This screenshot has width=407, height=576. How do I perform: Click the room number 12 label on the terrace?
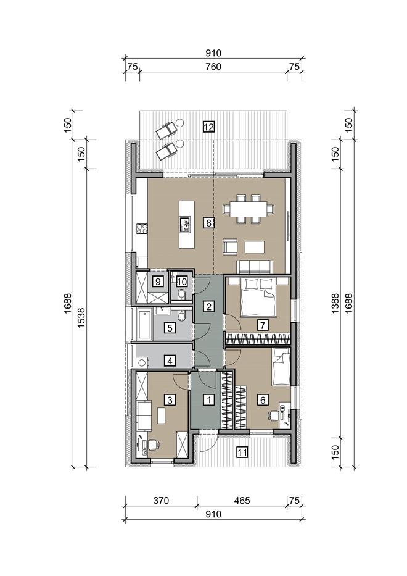208,127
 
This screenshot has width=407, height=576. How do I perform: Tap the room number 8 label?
208,223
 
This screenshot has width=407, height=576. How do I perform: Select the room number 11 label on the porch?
242,452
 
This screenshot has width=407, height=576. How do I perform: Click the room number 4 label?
170,361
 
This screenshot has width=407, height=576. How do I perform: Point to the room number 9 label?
158,282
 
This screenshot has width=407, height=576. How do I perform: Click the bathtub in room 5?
144,324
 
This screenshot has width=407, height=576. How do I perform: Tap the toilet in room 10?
181,295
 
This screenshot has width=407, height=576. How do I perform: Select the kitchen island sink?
185,225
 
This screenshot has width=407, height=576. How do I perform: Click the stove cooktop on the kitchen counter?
142,229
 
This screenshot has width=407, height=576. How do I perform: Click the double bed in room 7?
258,297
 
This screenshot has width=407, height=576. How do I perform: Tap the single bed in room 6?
282,366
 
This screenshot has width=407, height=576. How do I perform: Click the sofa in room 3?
144,415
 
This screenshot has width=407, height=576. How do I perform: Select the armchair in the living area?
230,246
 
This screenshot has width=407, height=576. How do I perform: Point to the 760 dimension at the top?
213,67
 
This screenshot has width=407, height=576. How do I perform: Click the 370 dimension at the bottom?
161,500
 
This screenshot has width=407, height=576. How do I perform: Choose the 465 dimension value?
242,500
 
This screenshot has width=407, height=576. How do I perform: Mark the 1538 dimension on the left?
81,318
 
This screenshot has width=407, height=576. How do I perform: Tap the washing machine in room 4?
142,362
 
